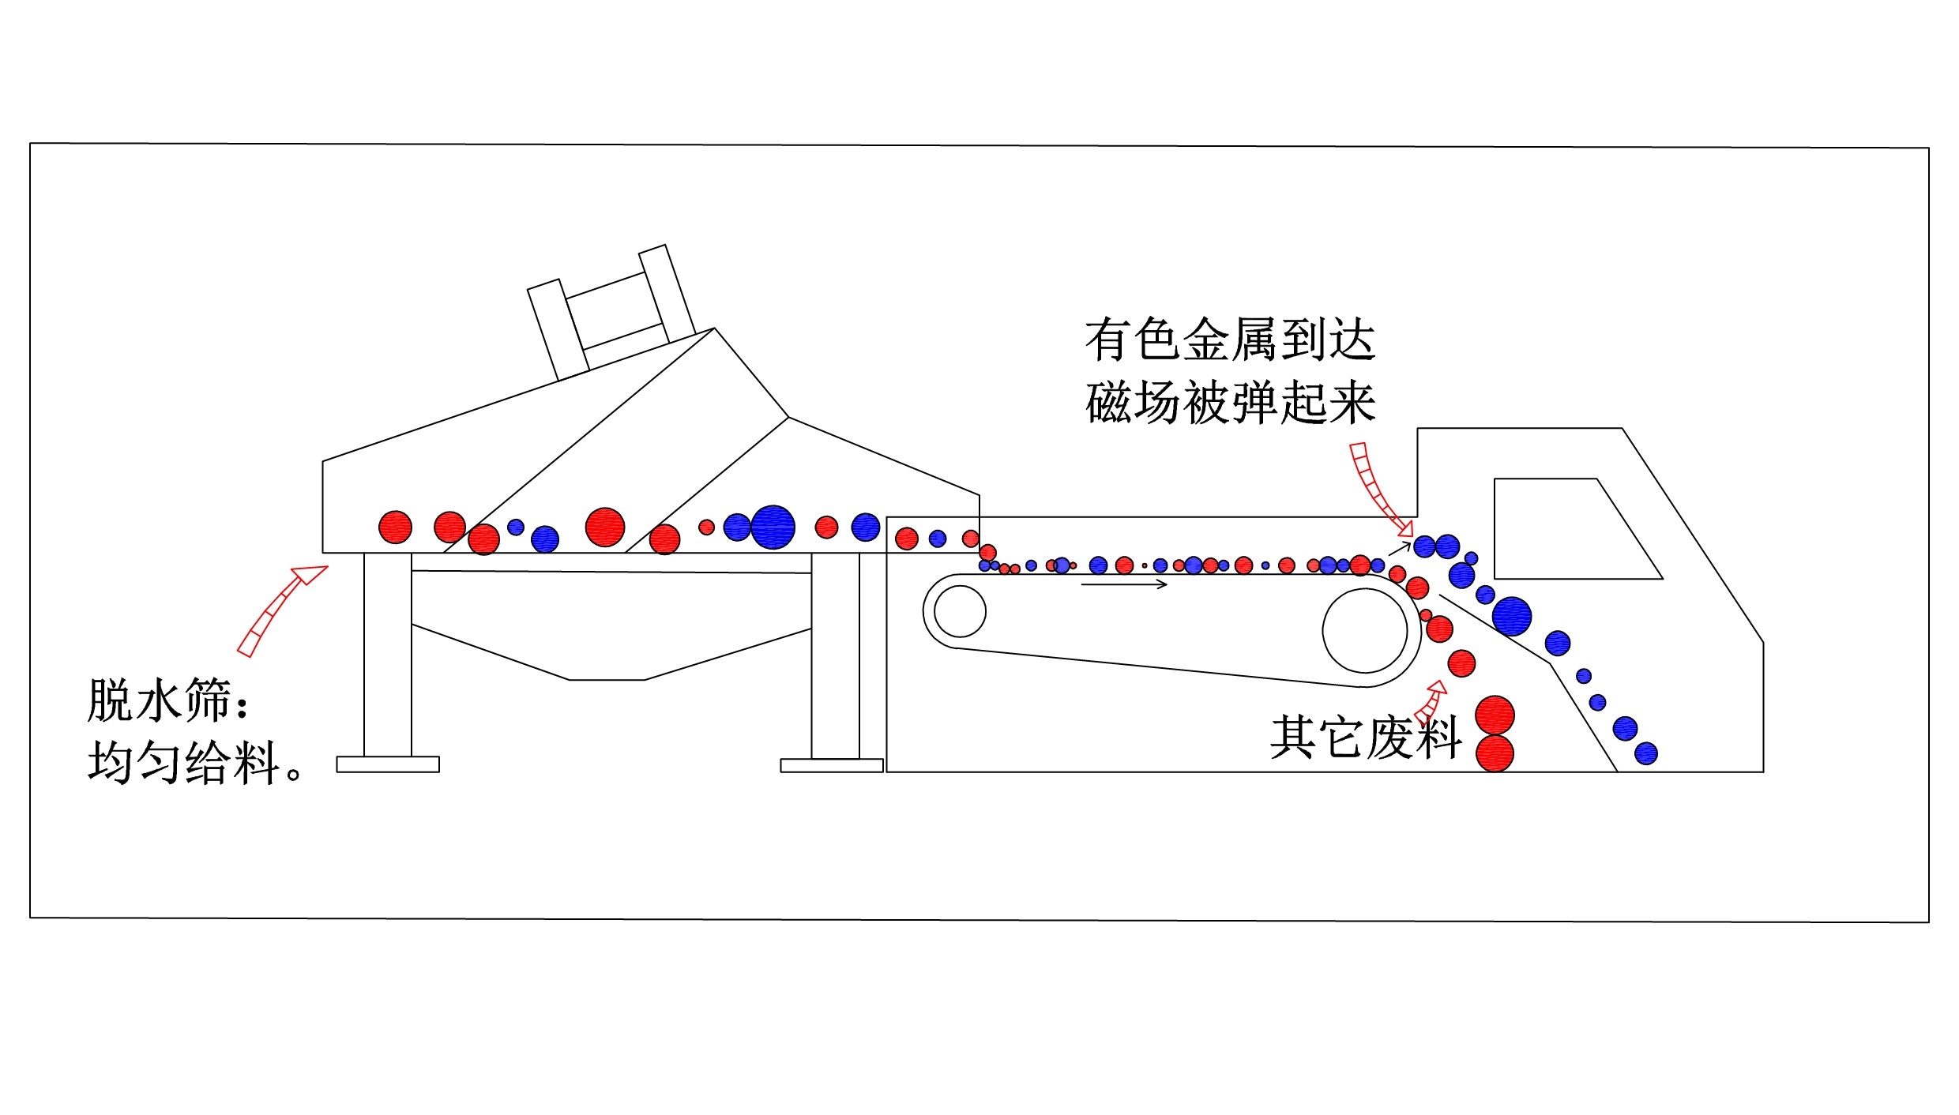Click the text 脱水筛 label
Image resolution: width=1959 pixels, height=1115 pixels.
pyautogui.click(x=158, y=701)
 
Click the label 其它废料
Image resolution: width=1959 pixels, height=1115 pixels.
pyautogui.click(x=1365, y=738)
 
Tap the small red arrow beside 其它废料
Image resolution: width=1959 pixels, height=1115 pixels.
pyautogui.click(x=1431, y=702)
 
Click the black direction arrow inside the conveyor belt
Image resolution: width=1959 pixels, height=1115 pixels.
pyautogui.click(x=1123, y=584)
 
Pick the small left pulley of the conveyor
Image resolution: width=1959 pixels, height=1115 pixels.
pyautogui.click(x=960, y=611)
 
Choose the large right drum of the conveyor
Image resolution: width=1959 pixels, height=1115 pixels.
pyautogui.click(x=1365, y=631)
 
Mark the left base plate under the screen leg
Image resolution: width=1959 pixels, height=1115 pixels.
pyautogui.click(x=388, y=764)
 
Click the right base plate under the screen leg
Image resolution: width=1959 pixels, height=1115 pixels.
pyautogui.click(x=831, y=765)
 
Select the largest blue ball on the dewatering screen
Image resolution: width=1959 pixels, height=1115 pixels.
pyautogui.click(x=773, y=527)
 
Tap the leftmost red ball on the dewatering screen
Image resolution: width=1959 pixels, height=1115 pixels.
pyautogui.click(x=395, y=527)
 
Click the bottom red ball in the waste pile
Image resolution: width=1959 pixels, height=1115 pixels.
pyautogui.click(x=1495, y=753)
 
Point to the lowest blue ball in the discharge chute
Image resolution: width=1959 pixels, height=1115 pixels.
pyautogui.click(x=1646, y=753)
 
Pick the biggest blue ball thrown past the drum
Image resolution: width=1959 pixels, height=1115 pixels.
pyautogui.click(x=1512, y=616)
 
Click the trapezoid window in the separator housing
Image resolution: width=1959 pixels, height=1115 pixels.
pyautogui.click(x=1568, y=529)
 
